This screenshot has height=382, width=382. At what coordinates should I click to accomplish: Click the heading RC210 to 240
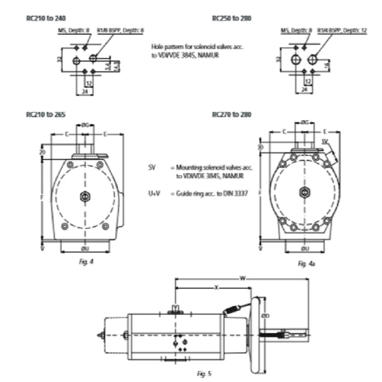tap(46, 18)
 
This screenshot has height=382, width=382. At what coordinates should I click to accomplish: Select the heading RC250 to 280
tap(232, 18)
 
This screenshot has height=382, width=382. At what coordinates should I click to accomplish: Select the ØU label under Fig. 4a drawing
tap(303, 249)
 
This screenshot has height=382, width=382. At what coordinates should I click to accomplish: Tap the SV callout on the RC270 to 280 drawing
tap(325, 140)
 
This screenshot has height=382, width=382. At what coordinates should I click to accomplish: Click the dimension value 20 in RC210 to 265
tap(42, 152)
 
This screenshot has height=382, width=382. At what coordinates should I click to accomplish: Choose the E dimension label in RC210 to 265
tap(105, 134)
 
